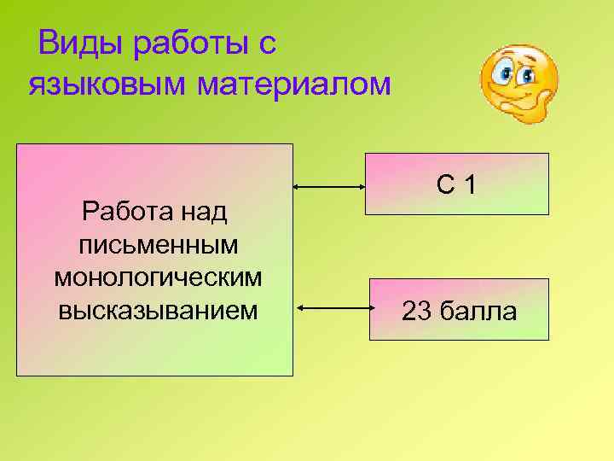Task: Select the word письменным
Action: coord(158,244)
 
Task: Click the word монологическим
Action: coord(158,277)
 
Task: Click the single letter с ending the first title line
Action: coord(268,43)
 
